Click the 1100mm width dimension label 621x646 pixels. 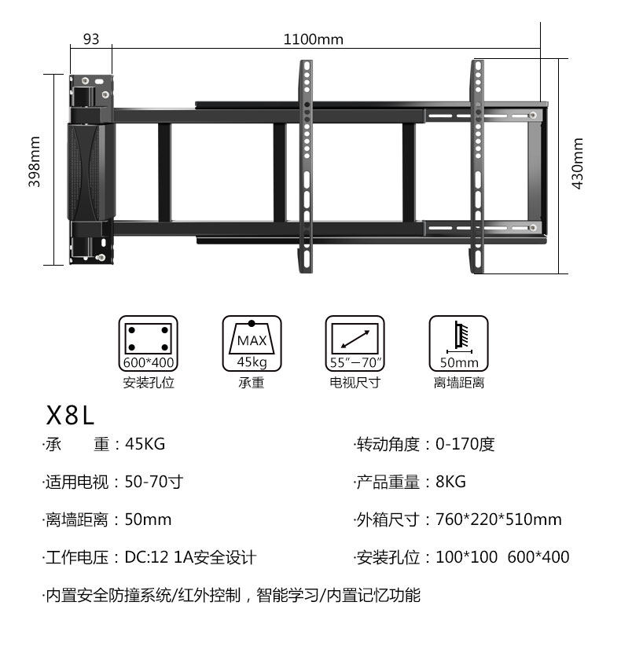(x=313, y=39)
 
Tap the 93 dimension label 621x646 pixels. (x=91, y=39)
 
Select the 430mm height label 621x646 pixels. (x=578, y=163)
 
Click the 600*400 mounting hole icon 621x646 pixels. (x=148, y=343)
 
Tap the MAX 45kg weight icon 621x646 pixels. (x=252, y=343)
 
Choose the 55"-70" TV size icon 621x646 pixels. (x=355, y=343)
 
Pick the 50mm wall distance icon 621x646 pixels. (x=458, y=343)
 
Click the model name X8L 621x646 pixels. (x=71, y=414)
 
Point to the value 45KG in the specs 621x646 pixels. (x=145, y=444)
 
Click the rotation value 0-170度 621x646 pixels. (x=465, y=444)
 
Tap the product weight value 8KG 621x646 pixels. (x=450, y=482)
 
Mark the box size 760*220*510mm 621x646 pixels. (x=498, y=519)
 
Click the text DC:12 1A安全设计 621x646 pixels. (x=190, y=557)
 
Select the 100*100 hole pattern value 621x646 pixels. (x=466, y=557)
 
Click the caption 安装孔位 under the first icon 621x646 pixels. (x=148, y=383)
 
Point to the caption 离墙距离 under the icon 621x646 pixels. (x=458, y=383)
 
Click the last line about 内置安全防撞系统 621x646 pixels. (x=232, y=595)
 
